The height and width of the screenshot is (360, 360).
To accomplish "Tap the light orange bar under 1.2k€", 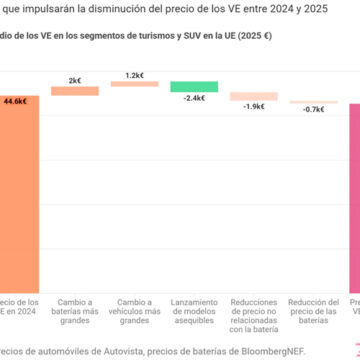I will tap(134, 84).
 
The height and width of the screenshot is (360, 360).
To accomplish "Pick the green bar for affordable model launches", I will tap(194, 87).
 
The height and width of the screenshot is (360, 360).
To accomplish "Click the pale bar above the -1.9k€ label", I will tap(254, 97).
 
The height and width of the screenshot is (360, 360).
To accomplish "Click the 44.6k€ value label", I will tap(15, 101).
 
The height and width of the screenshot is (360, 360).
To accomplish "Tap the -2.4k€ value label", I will tap(194, 99).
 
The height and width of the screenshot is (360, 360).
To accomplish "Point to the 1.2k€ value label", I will tap(134, 75).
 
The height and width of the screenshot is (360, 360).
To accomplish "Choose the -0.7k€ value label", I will tap(313, 109).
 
